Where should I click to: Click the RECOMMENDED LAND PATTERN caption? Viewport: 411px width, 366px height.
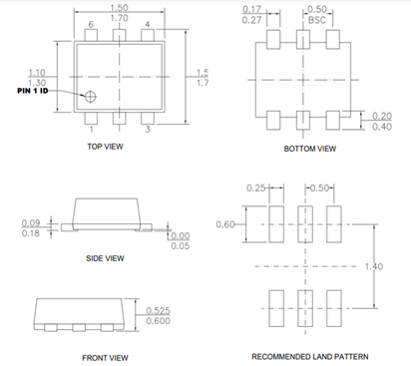coord(308,356)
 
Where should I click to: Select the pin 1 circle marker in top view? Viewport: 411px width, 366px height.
coord(89,97)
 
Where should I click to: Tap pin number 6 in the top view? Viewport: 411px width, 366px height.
coord(91,23)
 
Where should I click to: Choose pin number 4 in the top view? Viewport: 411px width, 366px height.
coord(148,23)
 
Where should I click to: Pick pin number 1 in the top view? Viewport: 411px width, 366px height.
coord(91,129)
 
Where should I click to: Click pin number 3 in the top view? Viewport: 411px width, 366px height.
coord(148,129)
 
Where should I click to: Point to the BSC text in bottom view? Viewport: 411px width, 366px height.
coord(318,19)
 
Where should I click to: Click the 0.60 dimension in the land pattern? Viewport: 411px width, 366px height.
coord(225,223)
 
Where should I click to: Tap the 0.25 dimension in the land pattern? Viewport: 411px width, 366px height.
coord(255,186)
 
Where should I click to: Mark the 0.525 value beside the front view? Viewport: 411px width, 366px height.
coord(160,309)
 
